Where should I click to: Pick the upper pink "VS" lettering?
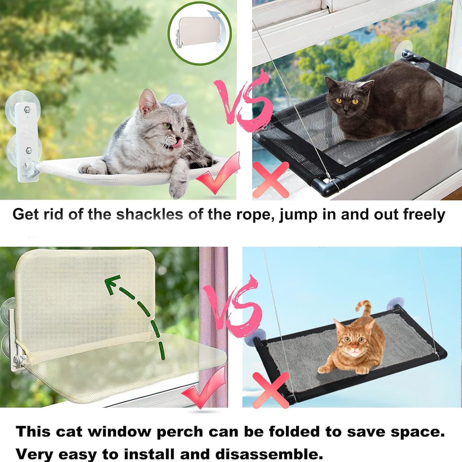tap(243, 102)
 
